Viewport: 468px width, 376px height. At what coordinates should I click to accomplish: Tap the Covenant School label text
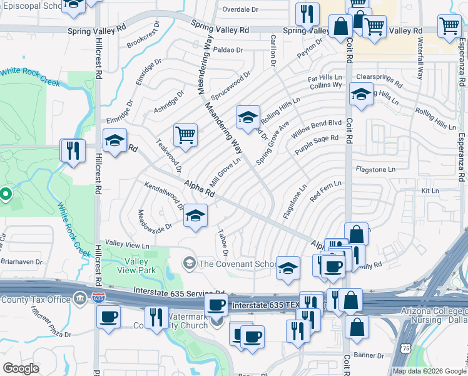pyautogui.click(x=235, y=264)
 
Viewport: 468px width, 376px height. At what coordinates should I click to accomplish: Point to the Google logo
pyautogui.click(x=21, y=368)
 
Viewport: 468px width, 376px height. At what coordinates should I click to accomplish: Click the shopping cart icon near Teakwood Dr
pyautogui.click(x=185, y=135)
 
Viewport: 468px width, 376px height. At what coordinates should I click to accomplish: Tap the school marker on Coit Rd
pyautogui.click(x=360, y=95)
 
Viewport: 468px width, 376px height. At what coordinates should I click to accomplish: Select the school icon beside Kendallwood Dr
pyautogui.click(x=196, y=217)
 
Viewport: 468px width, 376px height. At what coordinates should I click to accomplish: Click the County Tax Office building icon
pyautogui.click(x=81, y=300)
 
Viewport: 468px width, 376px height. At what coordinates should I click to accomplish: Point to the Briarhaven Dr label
pyautogui.click(x=21, y=262)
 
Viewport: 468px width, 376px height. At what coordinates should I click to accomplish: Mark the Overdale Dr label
pyautogui.click(x=240, y=10)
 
